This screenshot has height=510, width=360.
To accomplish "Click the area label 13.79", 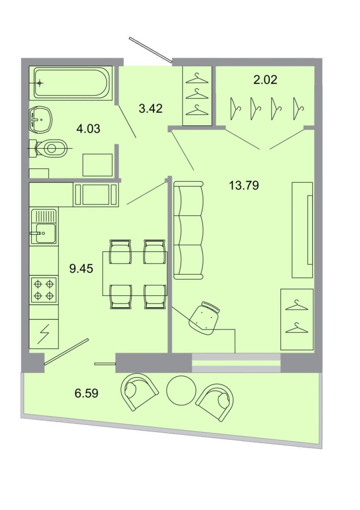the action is (244, 186).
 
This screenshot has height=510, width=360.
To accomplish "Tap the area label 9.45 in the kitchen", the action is (81, 269).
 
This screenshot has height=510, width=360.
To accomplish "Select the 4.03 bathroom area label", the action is (88, 129).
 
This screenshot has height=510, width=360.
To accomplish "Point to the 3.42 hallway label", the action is (150, 108).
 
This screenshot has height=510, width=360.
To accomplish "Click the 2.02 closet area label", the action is (265, 80).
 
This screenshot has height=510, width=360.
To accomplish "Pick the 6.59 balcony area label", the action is (87, 393).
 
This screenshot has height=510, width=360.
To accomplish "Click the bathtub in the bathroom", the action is (71, 83).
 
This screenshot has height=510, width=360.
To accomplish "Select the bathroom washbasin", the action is (40, 120).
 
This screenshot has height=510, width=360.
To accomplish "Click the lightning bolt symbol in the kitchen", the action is (43, 334).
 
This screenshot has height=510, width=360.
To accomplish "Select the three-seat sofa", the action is (188, 230).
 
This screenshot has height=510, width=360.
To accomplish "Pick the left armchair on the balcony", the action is (140, 392).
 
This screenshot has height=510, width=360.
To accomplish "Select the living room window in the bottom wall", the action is (236, 363).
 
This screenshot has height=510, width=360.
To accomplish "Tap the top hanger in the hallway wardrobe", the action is (197, 79).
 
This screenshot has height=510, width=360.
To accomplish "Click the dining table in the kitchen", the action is (135, 274).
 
